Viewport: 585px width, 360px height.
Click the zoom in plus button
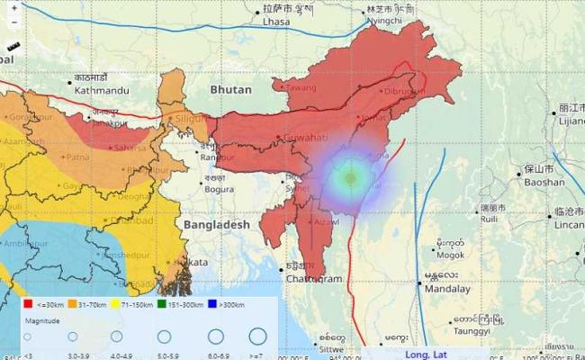point(14,7)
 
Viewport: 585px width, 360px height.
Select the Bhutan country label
point(231,90)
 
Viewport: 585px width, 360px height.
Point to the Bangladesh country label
point(216,223)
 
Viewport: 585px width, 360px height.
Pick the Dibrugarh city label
point(402,91)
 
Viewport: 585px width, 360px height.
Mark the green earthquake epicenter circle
point(350,178)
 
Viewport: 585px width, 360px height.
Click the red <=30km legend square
point(28,305)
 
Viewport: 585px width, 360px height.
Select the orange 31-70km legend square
point(73,305)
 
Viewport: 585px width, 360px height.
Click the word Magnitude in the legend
point(41,320)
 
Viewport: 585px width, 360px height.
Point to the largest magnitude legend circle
point(257,337)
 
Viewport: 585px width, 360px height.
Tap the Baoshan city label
point(544,181)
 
